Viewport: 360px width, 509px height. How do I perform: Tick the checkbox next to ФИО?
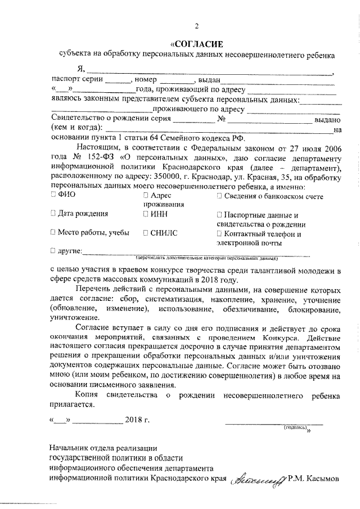coord(53,195)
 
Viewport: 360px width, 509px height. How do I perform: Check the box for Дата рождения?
coord(53,214)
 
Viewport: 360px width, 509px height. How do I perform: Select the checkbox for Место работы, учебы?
coord(53,233)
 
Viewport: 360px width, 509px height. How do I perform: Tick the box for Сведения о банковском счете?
coord(219,195)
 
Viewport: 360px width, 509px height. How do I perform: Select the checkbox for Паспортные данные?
coord(219,214)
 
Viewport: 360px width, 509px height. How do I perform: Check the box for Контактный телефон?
coord(219,233)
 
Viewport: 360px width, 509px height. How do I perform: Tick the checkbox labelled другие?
coord(53,250)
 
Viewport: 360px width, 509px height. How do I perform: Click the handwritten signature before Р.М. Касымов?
coord(256,479)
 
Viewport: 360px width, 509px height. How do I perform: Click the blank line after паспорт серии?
coord(118,80)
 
